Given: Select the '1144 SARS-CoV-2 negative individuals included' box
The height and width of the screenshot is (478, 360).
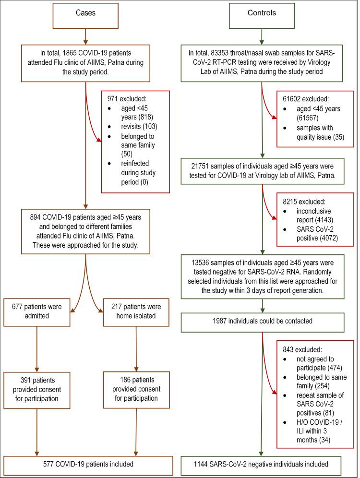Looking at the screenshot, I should pyautogui.click(x=261, y=464).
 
